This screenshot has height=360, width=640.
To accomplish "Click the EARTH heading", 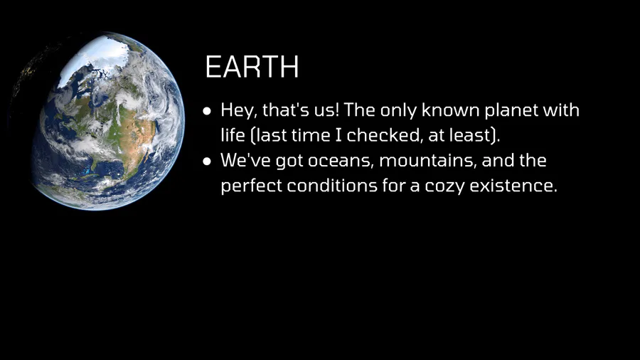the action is (252, 67).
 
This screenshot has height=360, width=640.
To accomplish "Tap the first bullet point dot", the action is (207, 111).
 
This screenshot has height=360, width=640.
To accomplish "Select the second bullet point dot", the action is (207, 162).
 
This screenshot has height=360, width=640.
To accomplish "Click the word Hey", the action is (239, 110).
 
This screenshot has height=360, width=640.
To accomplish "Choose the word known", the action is (451, 110).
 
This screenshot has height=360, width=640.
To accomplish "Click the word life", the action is (233, 135).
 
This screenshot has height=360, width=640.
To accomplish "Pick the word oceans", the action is (341, 161).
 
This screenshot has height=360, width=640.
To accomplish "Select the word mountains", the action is (428, 160).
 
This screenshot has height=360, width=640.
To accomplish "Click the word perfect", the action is (251, 186).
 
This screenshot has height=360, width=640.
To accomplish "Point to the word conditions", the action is (332, 186).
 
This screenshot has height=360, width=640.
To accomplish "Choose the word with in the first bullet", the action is (561, 110).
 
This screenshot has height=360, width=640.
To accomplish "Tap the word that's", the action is (286, 110).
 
